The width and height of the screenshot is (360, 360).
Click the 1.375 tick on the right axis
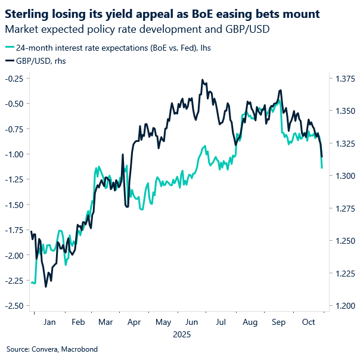tap(344, 78)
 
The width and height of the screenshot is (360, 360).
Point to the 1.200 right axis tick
tap(344, 306)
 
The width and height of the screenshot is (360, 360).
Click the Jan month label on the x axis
tap(49, 322)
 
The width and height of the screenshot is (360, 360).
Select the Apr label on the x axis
tap(135, 322)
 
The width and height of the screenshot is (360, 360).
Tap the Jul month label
tap(221, 322)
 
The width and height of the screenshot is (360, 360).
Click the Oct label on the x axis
tap(308, 322)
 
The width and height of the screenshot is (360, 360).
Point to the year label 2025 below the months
tap(181, 334)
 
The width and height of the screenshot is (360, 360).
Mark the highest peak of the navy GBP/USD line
tap(203, 79)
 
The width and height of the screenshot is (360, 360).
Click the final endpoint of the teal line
tap(322, 168)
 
